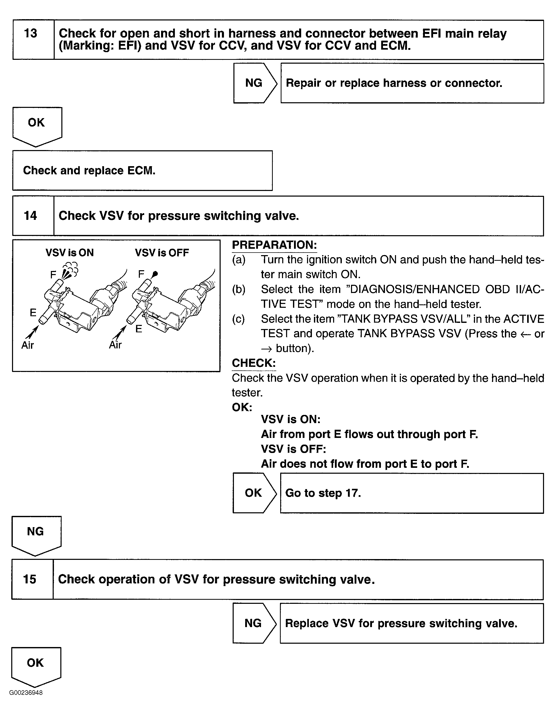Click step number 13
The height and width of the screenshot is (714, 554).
[x=31, y=33]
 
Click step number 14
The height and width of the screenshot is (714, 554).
[x=30, y=216]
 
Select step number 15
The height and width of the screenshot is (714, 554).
[x=30, y=579]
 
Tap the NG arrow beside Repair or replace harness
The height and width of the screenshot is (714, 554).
[x=254, y=83]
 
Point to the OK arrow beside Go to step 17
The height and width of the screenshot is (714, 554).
[x=253, y=493]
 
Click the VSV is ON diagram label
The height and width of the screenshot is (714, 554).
[x=70, y=253]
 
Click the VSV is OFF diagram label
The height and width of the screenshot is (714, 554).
[x=162, y=253]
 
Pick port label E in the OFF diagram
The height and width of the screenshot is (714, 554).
[x=139, y=329]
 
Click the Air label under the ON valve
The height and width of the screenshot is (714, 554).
[x=27, y=345]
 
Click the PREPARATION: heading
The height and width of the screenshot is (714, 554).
[x=274, y=245]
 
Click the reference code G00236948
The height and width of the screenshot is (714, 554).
[x=26, y=693]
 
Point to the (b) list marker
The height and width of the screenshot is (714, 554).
[x=239, y=289]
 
